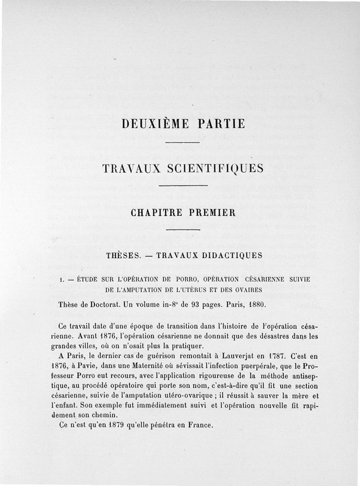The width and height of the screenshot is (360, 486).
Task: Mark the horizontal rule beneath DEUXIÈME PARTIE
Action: click(183, 143)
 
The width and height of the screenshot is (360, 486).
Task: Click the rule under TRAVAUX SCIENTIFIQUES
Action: click(183, 186)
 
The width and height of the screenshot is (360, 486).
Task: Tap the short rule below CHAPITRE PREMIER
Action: click(183, 231)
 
